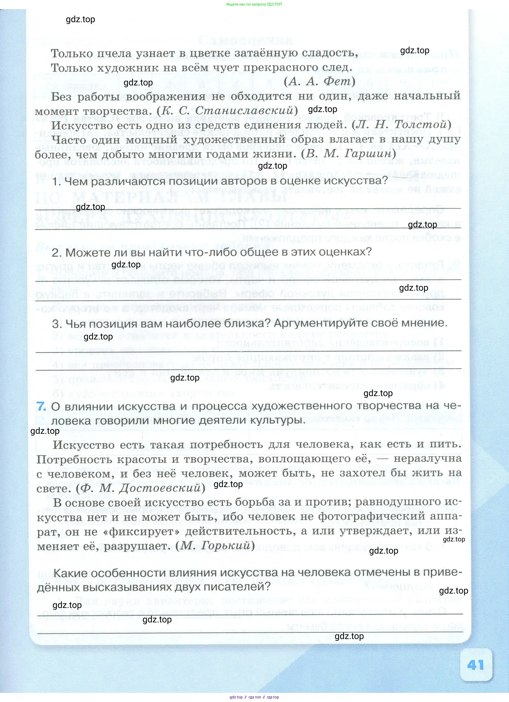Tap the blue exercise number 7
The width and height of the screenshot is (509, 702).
click(41, 406)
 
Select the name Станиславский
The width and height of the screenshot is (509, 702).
click(244, 110)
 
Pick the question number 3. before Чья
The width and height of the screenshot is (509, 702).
click(57, 324)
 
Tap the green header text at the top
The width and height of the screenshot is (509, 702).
click(254, 4)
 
